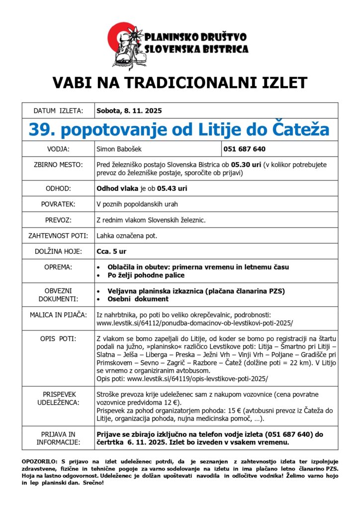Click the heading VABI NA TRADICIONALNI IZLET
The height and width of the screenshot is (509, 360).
(180, 82)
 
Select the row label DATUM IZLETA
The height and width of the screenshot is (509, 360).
(58, 110)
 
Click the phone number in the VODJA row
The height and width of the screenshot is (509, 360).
(244, 149)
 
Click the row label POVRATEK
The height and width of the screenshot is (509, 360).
(58, 204)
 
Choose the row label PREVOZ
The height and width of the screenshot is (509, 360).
(58, 219)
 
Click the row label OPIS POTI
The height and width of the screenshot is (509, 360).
(58, 339)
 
